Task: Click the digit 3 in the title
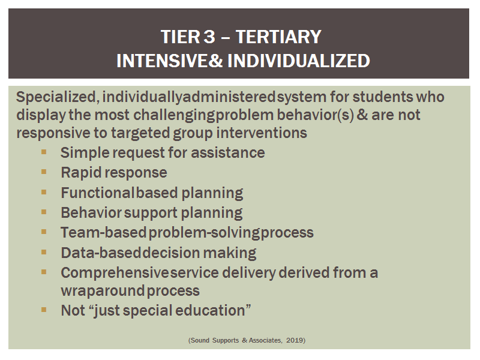[x=209, y=37]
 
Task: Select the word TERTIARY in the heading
[x=278, y=37]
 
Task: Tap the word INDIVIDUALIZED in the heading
[x=299, y=61]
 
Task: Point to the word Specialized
[x=57, y=97]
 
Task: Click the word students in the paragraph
[x=383, y=97]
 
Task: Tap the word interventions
[x=262, y=133]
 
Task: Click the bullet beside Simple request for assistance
[x=44, y=152]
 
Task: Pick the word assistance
[x=228, y=152]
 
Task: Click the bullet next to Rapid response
[x=44, y=172]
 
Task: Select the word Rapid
[x=81, y=173]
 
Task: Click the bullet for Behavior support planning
[x=44, y=212]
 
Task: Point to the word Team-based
[x=103, y=232]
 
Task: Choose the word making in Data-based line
[x=230, y=253]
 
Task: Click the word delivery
[x=249, y=273]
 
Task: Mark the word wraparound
[x=103, y=291]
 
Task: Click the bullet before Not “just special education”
[x=44, y=310]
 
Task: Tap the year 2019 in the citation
[x=295, y=340]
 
